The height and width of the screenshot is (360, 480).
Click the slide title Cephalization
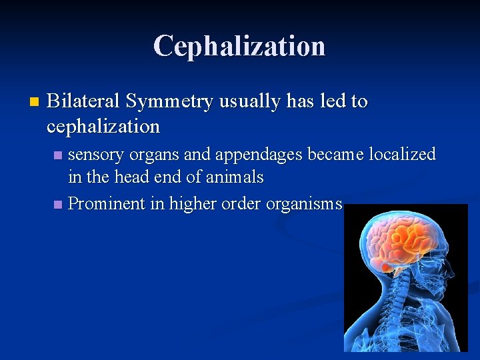239,46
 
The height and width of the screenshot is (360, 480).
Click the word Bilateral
84,101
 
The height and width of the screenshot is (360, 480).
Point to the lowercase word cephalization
103,126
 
